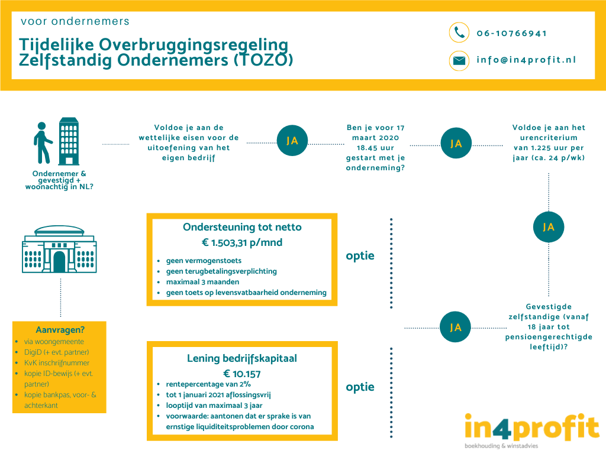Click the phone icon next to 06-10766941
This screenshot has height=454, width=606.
459,33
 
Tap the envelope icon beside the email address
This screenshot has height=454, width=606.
459,61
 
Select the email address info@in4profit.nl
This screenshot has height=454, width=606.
526,60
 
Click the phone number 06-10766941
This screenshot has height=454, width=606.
512,33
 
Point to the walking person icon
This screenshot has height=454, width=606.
42,143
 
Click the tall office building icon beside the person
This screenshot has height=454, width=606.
69,141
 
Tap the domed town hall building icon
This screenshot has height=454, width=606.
59,249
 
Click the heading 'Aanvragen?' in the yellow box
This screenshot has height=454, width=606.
60,330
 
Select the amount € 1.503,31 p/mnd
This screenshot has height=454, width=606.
242,242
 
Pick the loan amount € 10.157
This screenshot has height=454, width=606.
242,374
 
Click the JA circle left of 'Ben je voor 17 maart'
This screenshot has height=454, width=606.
292,141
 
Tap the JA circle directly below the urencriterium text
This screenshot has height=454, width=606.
549,227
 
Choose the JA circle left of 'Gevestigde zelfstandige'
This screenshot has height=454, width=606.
455,327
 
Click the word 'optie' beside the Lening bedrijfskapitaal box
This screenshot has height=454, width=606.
360,387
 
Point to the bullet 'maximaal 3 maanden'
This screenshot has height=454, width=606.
202,282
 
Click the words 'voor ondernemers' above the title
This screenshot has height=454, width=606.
75,21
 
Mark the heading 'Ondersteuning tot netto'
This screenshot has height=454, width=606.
242,227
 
